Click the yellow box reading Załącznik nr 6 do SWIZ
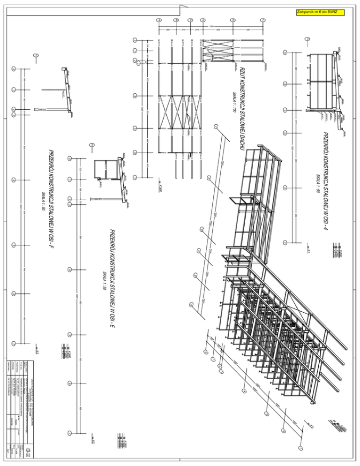click(x=321, y=12)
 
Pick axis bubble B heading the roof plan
click(x=176, y=20)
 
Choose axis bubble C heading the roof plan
click(x=190, y=20)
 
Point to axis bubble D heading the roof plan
click(x=203, y=20)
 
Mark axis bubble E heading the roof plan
click(x=233, y=20)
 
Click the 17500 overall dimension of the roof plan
click(x=211, y=27)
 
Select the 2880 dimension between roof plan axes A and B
click(x=167, y=30)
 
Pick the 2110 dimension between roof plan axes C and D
click(x=197, y=30)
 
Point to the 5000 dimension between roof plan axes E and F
click(x=248, y=30)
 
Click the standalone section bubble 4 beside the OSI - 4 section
click(x=307, y=38)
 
